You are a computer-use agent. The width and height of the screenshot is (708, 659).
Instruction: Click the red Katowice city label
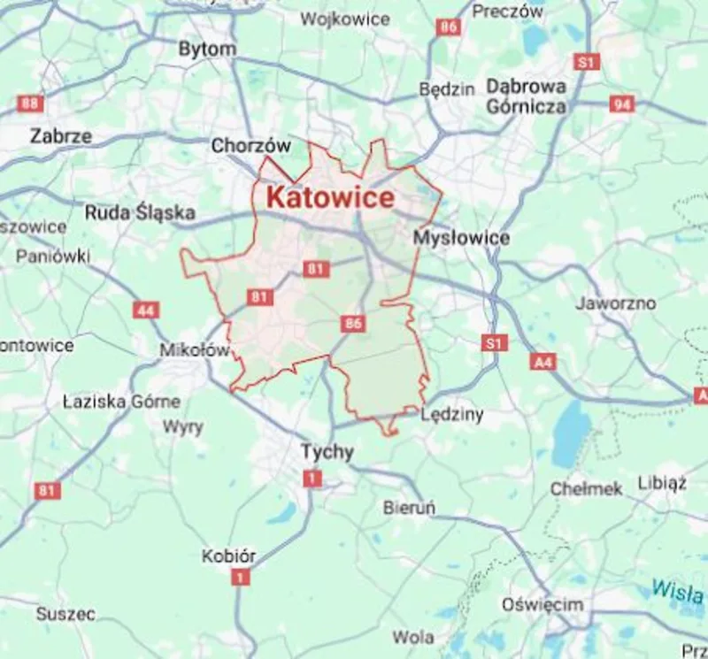coord(329,197)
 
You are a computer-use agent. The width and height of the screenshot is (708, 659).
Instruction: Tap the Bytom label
coord(207,50)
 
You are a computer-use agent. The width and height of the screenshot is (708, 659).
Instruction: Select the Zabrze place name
coord(60,136)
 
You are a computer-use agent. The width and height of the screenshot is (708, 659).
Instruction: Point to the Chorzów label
coord(250,146)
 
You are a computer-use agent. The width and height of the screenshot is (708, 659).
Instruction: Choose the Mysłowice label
coord(461,238)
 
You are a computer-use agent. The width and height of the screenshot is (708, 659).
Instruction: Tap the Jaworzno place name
coord(615,303)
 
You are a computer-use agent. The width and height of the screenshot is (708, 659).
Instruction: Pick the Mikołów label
coord(194,350)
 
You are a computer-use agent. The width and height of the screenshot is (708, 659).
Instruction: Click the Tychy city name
coord(327,452)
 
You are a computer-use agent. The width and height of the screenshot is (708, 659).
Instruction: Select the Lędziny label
coord(452,414)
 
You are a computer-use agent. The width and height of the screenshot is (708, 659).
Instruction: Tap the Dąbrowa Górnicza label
coord(526,96)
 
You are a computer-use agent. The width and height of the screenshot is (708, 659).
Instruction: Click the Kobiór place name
coord(228,556)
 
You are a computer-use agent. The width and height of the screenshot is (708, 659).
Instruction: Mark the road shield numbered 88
coord(29,103)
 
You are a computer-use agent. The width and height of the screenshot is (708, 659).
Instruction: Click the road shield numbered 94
coord(622,104)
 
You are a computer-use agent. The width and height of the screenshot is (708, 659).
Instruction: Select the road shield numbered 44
coord(146,310)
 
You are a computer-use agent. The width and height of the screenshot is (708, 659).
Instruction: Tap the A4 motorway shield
coord(543,362)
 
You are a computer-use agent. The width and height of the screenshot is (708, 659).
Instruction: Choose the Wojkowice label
coord(344,19)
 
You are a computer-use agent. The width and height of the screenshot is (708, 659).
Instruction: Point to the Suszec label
coord(65,613)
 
